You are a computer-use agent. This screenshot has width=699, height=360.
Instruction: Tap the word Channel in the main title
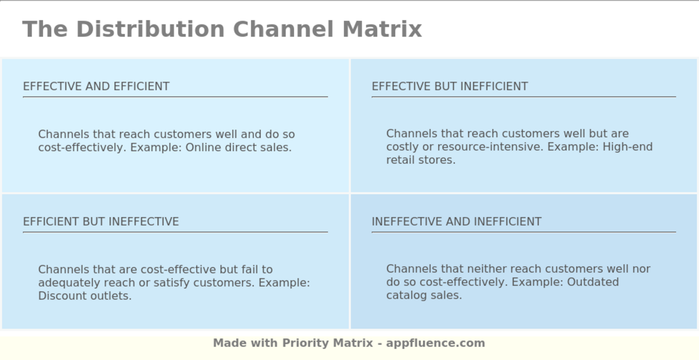click(284, 29)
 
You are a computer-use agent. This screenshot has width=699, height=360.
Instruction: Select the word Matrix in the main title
click(382, 29)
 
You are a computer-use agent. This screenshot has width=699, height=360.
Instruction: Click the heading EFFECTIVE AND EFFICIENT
click(96, 86)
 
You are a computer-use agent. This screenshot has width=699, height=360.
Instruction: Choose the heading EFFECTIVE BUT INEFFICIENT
click(449, 86)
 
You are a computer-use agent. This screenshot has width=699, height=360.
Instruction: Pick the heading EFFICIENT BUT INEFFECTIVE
click(101, 222)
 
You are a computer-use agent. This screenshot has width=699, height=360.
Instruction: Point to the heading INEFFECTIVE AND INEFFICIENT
click(456, 222)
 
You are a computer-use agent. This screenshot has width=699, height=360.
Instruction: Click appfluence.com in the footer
click(435, 343)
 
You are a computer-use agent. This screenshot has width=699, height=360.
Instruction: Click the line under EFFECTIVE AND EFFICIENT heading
click(175, 97)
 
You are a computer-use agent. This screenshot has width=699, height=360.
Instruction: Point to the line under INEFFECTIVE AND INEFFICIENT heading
click(523, 232)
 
